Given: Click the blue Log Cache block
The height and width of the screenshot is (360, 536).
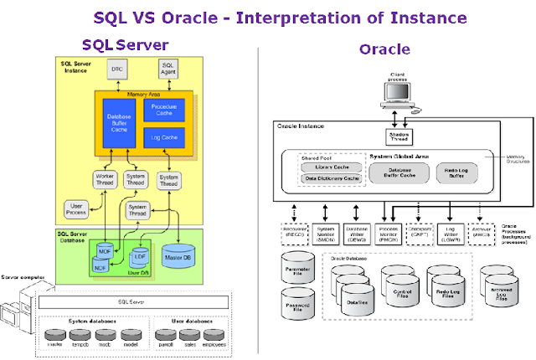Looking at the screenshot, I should (x=163, y=136).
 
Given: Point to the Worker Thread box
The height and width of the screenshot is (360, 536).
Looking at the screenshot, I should (x=105, y=179).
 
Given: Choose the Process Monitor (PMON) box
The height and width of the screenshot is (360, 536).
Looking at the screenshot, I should (x=387, y=232).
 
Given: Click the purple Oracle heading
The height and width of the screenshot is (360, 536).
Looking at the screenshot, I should (x=384, y=49).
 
